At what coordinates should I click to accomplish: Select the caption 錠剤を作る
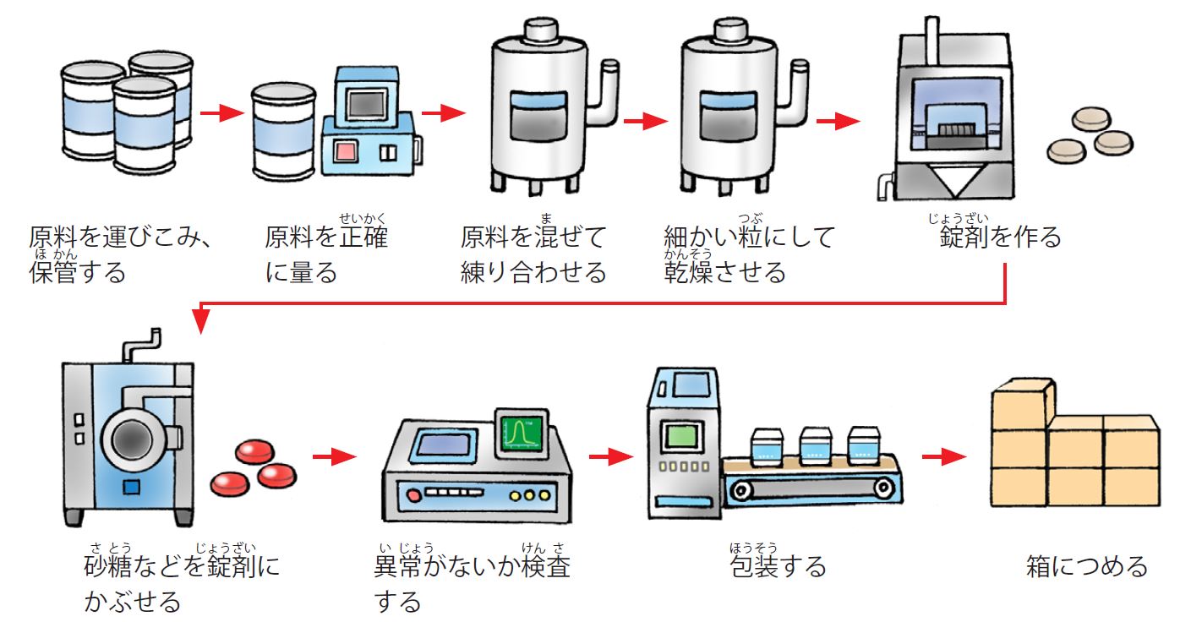pos(1000,237)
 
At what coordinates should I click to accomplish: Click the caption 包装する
pos(778,565)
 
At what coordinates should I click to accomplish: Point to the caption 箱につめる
pos(1087,565)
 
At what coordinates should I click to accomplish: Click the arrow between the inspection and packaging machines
pos(611,456)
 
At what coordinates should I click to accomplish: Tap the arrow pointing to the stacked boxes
pos(944,456)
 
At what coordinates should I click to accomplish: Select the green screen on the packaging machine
pos(681,436)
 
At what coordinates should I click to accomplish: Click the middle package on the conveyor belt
pos(816,445)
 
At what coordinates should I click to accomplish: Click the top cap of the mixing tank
pos(541,30)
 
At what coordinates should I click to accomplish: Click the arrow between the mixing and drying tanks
pos(646,121)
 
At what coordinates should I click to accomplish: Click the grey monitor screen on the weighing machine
pos(366,103)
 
